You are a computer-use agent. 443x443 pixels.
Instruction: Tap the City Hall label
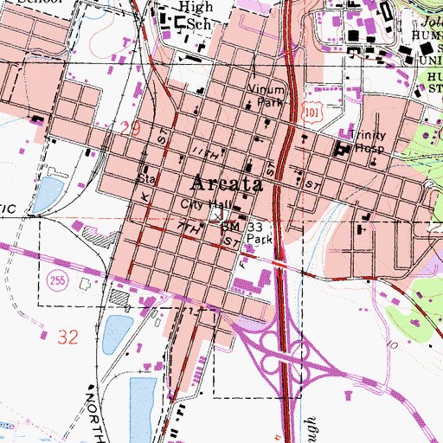[201, 206]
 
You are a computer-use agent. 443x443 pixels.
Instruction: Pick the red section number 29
[130, 128]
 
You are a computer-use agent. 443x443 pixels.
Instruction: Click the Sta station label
[144, 180]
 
